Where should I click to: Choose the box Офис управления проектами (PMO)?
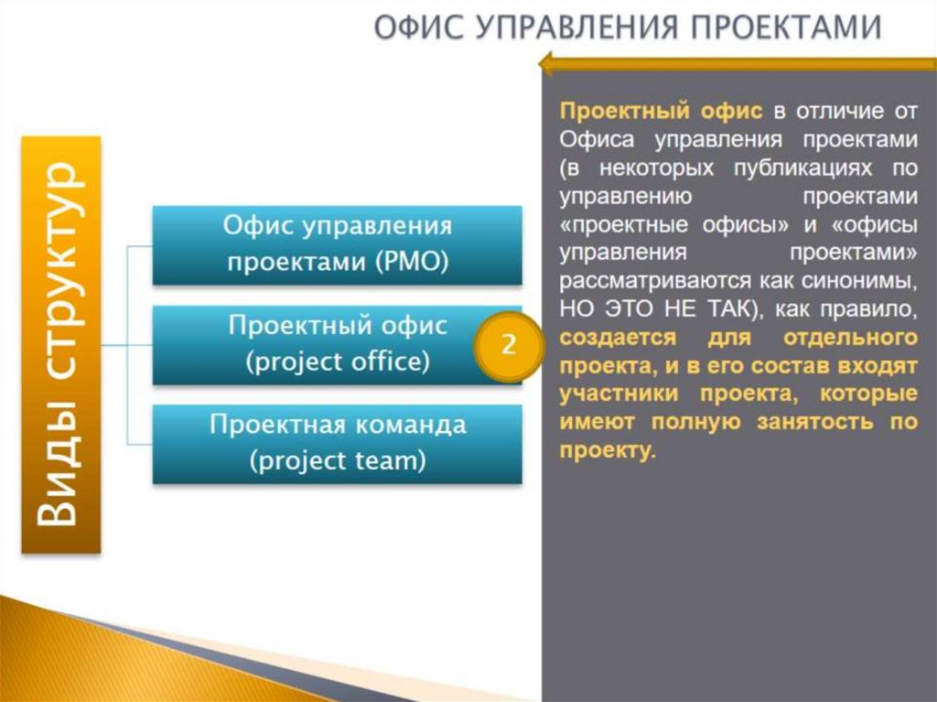[x=338, y=244]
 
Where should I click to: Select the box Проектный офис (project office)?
[x=338, y=344]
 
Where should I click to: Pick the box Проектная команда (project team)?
[x=338, y=443]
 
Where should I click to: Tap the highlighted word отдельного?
[x=850, y=337]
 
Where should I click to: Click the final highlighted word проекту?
[x=607, y=451]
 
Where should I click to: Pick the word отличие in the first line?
[x=827, y=112]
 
